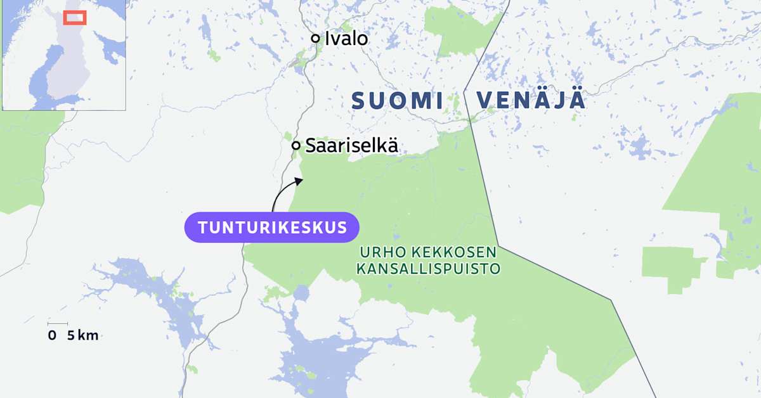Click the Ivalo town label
pos(346,39)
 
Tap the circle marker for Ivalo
pos(315,39)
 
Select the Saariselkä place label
pos(351,145)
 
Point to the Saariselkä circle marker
pos(296,146)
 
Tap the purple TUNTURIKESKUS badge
pos(272,228)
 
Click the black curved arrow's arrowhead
pos(299,181)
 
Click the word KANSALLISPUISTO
pos(428,269)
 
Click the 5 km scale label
pos(82,336)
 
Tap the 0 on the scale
pos(51,336)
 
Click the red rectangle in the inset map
pos(75,17)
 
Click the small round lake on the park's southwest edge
pos(301,293)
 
